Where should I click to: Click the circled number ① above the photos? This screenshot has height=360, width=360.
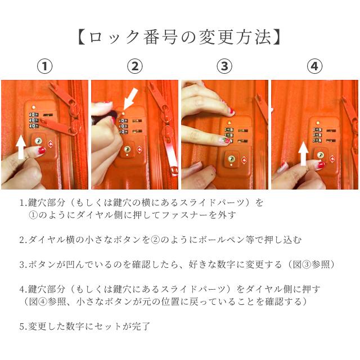pyautogui.click(x=45, y=66)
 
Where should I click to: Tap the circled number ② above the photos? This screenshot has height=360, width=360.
pyautogui.click(x=135, y=66)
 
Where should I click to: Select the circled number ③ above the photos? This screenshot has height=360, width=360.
pyautogui.click(x=224, y=66)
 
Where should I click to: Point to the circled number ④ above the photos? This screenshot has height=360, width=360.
pyautogui.click(x=314, y=66)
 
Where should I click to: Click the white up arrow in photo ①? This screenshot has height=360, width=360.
pyautogui.click(x=21, y=147)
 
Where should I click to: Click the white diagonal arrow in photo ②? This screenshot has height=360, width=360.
pyautogui.click(x=130, y=98)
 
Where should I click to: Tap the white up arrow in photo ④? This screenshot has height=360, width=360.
pyautogui.click(x=303, y=154)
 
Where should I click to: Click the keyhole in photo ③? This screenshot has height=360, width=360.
pyautogui.click(x=231, y=159)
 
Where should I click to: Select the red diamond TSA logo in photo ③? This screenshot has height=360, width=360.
pyautogui.click(x=244, y=160)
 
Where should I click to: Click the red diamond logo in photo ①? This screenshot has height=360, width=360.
pyautogui.click(x=51, y=144)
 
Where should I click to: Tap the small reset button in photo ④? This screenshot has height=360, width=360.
pyautogui.click(x=318, y=123)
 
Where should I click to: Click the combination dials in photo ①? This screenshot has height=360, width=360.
pyautogui.click(x=34, y=120)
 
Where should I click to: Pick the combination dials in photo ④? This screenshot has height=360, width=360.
pyautogui.click(x=317, y=135)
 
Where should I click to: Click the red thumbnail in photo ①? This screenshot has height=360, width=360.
pyautogui.click(x=42, y=151)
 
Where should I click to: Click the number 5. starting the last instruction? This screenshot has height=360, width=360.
pyautogui.click(x=24, y=326)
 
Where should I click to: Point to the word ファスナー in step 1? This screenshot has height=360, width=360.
pyautogui.click(x=185, y=215)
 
